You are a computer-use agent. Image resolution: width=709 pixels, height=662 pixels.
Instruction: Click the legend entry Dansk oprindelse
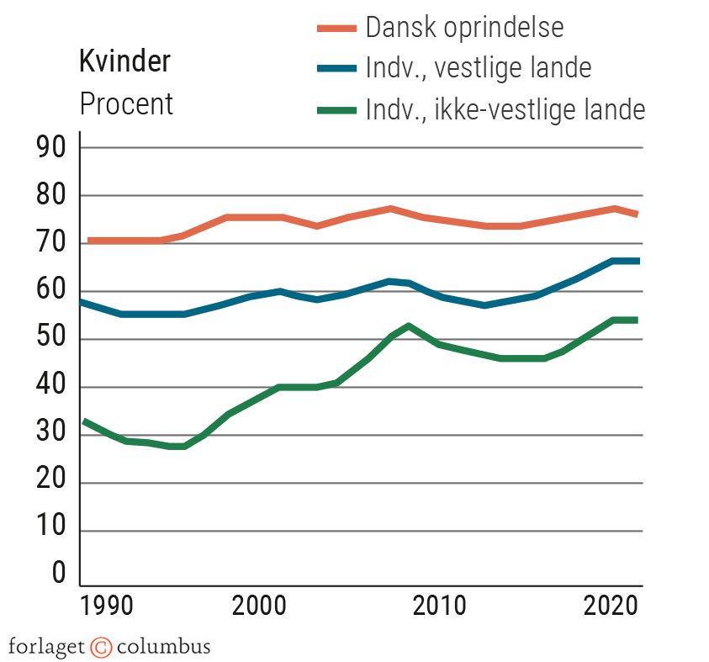(464, 27)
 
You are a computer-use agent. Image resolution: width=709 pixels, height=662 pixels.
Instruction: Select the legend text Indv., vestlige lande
(478, 67)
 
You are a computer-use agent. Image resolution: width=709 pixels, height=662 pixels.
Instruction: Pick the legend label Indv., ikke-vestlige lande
(505, 109)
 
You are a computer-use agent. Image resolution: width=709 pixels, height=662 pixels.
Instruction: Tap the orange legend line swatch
(336, 28)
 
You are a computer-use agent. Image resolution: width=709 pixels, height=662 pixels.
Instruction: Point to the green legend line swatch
(336, 109)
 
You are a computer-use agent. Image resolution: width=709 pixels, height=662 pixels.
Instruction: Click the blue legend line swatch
(336, 68)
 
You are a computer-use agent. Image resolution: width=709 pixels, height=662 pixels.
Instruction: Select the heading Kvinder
(124, 61)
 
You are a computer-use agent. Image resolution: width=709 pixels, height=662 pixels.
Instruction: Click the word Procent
(126, 104)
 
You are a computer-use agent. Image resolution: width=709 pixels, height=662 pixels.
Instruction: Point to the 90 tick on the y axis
(47, 148)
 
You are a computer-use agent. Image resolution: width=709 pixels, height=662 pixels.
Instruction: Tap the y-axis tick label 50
(47, 340)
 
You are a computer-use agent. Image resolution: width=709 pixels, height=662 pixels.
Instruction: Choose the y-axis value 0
(58, 574)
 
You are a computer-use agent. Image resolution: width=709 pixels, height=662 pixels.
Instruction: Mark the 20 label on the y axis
(47, 484)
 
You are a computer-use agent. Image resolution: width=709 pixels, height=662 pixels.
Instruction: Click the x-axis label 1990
(108, 607)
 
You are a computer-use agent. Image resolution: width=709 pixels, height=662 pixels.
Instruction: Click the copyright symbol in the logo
(101, 647)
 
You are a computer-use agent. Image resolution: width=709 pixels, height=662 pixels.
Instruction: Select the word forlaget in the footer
(47, 647)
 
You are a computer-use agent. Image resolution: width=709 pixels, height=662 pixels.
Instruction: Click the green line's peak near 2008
(408, 326)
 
